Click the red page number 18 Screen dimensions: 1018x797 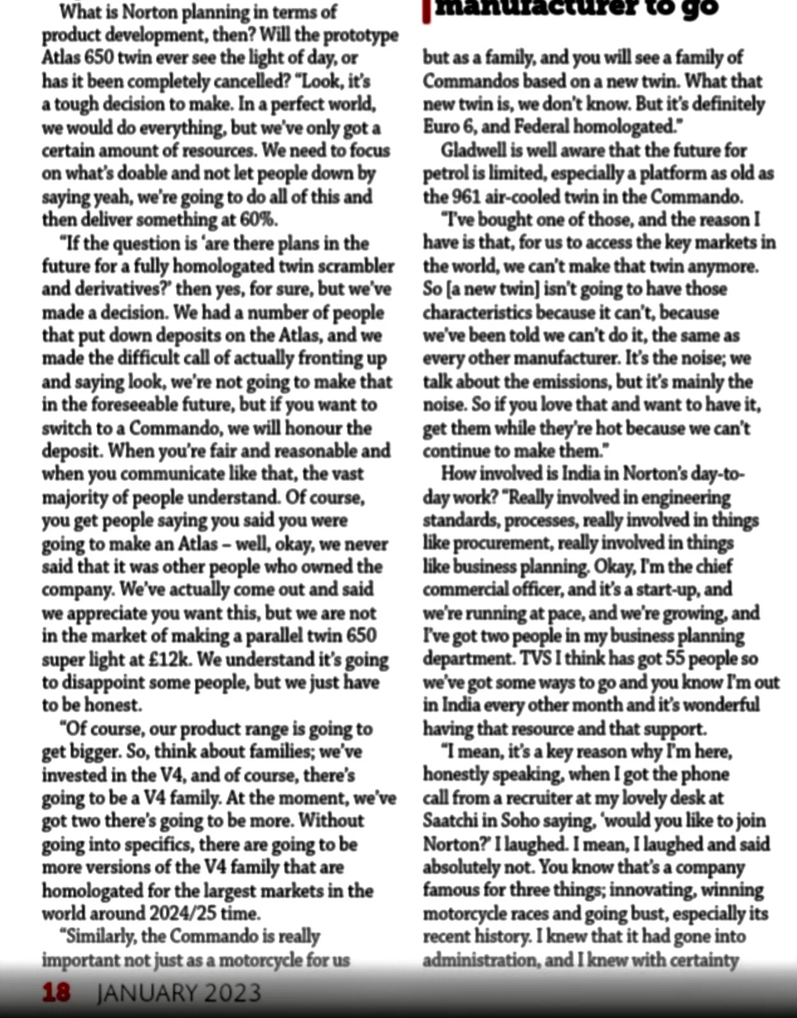pos(57,993)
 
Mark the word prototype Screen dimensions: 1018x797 pos(361,34)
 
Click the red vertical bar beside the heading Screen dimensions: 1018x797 pos(426,11)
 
